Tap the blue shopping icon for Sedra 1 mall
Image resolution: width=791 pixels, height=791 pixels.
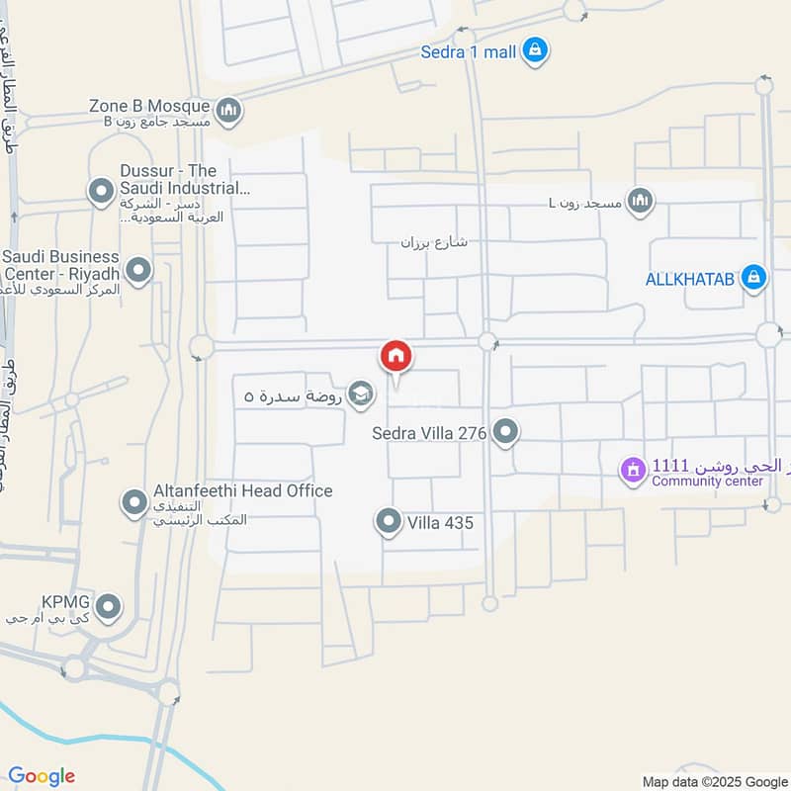(x=535, y=50)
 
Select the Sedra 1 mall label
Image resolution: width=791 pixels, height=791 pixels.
(x=469, y=51)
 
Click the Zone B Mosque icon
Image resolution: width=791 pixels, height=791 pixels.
(x=228, y=108)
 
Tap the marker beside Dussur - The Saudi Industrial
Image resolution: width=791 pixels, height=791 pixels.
(x=100, y=191)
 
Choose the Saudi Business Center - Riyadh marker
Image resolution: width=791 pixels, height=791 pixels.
(x=139, y=269)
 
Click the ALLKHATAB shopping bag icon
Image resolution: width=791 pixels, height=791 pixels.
(x=753, y=279)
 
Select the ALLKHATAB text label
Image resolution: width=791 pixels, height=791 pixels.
(x=690, y=279)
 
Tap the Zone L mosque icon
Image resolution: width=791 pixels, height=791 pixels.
(x=641, y=202)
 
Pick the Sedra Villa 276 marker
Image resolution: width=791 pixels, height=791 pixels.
(x=506, y=432)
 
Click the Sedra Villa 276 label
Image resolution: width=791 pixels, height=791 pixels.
(x=429, y=432)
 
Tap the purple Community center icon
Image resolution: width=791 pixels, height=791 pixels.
(x=631, y=471)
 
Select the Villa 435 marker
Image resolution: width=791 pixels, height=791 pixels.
(x=390, y=521)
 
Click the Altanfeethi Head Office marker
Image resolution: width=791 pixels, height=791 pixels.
(x=133, y=503)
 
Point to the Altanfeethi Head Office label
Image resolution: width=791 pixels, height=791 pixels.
(x=242, y=490)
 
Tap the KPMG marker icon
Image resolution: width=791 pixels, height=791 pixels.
(x=109, y=606)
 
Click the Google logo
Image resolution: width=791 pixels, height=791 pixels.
(x=42, y=776)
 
